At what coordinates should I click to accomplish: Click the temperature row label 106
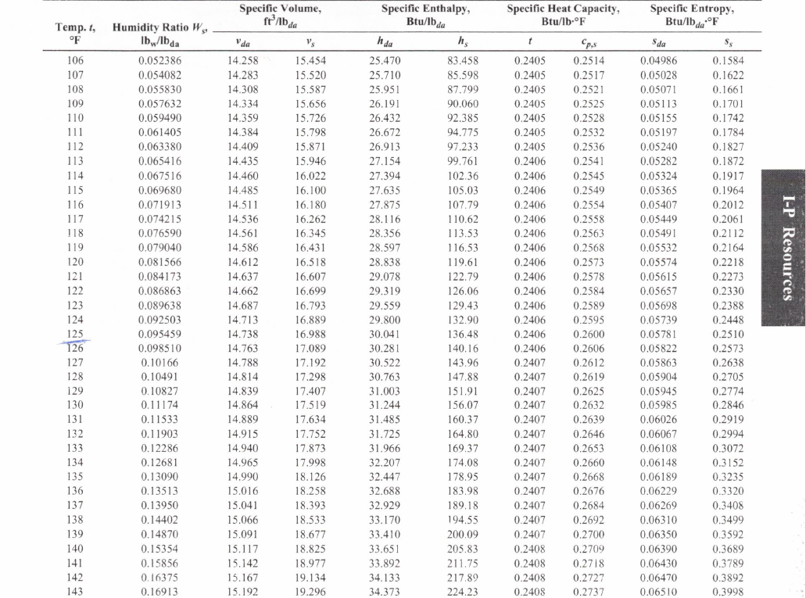76,59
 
